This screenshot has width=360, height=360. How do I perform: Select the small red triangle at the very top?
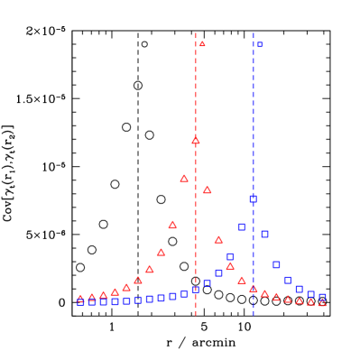(x=202, y=43)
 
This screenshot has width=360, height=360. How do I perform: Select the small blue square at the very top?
(x=260, y=44)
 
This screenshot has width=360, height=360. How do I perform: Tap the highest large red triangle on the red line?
(x=196, y=140)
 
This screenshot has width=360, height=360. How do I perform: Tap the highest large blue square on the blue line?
(x=254, y=198)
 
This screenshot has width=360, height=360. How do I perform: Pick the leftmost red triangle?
(x=80, y=298)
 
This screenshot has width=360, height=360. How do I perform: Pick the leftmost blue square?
(x=80, y=302)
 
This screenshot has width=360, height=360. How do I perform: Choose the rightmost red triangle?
(x=322, y=302)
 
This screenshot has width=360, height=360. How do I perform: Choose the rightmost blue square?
(x=322, y=297)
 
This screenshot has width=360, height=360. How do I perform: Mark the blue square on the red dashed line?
(x=196, y=290)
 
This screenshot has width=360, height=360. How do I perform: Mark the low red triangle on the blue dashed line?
(x=254, y=289)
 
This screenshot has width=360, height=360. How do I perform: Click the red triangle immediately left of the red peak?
(x=184, y=178)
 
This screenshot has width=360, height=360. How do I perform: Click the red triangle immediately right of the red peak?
(x=208, y=189)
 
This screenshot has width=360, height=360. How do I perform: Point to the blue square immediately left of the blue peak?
(x=242, y=226)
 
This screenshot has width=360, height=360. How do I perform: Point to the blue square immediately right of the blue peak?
(x=264, y=234)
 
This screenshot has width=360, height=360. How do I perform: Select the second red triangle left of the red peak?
(x=172, y=224)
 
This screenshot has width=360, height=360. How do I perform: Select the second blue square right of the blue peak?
(x=276, y=264)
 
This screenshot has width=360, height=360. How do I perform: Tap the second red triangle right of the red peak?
(x=218, y=239)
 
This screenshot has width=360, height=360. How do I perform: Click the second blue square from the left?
(x=92, y=302)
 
